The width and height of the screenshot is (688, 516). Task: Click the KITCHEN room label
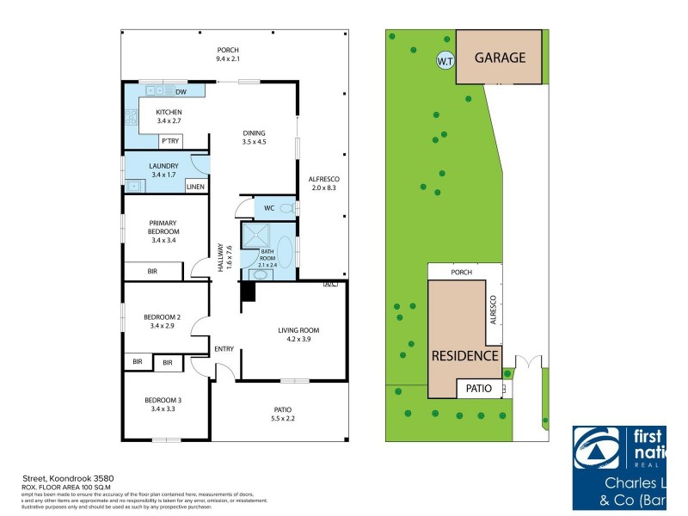[169, 113]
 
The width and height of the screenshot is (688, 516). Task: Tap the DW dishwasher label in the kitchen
[181, 92]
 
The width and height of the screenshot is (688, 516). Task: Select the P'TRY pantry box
[169, 142]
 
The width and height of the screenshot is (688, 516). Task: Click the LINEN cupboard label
[195, 186]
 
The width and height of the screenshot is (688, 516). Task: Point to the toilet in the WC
[287, 208]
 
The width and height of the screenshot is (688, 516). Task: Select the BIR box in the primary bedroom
[152, 271]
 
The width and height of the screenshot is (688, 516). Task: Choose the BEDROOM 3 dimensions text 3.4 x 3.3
[162, 409]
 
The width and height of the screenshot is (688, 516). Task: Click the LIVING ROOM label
[298, 330]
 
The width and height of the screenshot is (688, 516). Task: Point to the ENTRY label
[224, 348]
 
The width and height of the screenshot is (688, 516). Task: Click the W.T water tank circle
[445, 61]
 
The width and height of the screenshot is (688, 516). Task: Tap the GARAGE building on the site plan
[499, 58]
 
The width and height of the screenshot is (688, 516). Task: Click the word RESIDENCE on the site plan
[464, 355]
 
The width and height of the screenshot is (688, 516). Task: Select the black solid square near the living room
[248, 292]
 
